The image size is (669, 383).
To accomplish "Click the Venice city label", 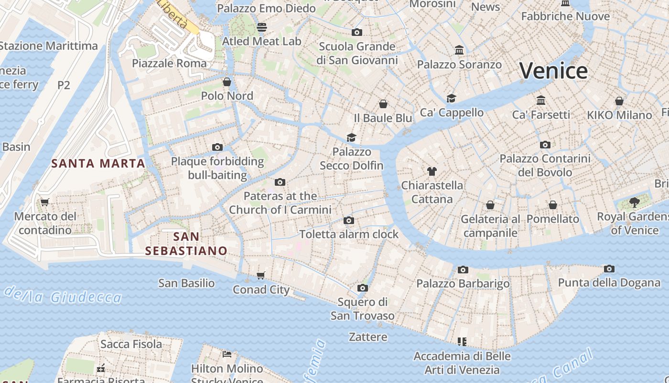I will pyautogui.click(x=553, y=71).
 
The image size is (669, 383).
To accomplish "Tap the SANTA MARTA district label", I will pyautogui.click(x=98, y=163).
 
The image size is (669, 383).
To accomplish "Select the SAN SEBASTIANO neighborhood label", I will pyautogui.click(x=186, y=244).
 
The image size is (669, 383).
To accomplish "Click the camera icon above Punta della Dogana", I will pyautogui.click(x=609, y=269).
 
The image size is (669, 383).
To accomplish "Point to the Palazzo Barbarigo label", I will pyautogui.click(x=463, y=284).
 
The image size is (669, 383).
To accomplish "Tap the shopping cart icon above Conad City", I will pyautogui.click(x=260, y=275).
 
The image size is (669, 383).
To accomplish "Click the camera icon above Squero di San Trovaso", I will pyautogui.click(x=363, y=288).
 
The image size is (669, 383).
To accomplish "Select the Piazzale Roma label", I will pyautogui.click(x=169, y=63).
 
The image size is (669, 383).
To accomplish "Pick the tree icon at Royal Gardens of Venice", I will pyautogui.click(x=635, y=202).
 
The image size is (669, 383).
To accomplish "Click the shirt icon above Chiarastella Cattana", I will pyautogui.click(x=432, y=171).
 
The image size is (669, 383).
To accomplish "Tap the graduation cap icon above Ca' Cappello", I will pyautogui.click(x=451, y=98).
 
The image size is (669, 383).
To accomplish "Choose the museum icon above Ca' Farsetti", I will pyautogui.click(x=541, y=100).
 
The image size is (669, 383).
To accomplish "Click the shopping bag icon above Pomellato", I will pyautogui.click(x=553, y=205).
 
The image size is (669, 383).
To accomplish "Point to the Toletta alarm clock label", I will pyautogui.click(x=349, y=234).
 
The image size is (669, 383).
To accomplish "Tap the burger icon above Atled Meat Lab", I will pyautogui.click(x=261, y=27).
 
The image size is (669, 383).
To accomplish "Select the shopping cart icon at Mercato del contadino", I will pyautogui.click(x=45, y=202).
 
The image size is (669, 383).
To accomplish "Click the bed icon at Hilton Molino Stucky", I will pyautogui.click(x=227, y=354).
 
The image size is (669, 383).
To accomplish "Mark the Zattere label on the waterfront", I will pyautogui.click(x=368, y=337).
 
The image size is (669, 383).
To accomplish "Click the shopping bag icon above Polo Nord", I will pyautogui.click(x=227, y=81).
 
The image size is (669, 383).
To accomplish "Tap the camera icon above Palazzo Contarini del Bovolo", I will pyautogui.click(x=545, y=145).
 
